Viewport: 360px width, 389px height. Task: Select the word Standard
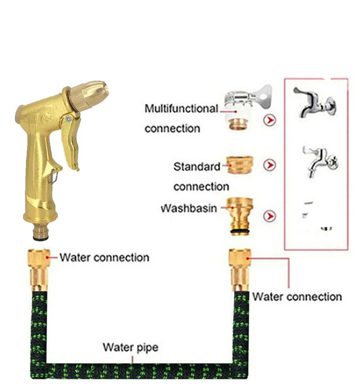pyautogui.click(x=196, y=167)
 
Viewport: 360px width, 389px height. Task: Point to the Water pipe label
pyautogui.click(x=130, y=347)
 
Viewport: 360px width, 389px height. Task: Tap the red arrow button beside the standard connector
pyautogui.click(x=270, y=165)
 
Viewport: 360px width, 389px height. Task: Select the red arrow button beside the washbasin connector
pyautogui.click(x=270, y=216)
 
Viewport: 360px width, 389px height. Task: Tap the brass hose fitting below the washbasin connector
pyautogui.click(x=240, y=269)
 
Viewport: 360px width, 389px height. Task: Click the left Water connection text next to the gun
pyautogui.click(x=104, y=257)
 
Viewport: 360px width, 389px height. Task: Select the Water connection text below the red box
pyautogui.click(x=297, y=297)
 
